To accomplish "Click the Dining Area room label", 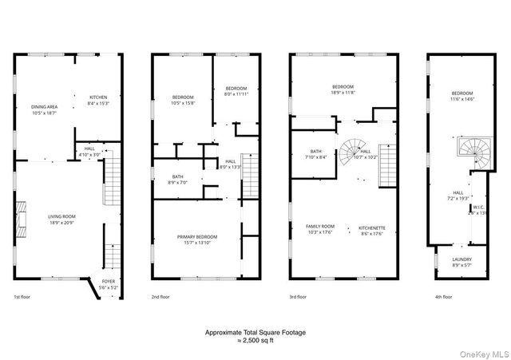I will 45,109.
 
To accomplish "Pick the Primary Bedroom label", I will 197,239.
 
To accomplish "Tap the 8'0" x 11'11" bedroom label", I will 236,91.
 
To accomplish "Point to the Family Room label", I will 320,229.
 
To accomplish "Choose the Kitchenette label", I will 373,229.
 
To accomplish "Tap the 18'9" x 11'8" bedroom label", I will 343,89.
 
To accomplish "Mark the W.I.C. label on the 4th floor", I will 477,212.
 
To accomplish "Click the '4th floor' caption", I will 442,297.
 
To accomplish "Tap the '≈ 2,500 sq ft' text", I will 255,341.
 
